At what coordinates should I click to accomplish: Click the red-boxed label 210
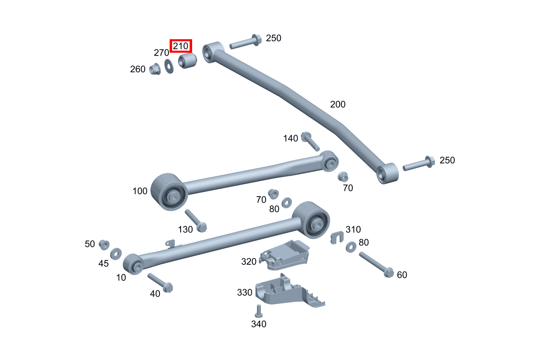[181, 46]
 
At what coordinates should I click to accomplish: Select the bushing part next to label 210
[188, 61]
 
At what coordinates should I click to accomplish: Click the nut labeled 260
[155, 69]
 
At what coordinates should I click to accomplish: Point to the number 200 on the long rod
[338, 104]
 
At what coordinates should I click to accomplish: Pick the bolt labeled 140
[310, 141]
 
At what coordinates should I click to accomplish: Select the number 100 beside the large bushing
[140, 191]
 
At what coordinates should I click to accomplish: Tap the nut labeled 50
[104, 245]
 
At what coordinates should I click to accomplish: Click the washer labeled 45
[116, 253]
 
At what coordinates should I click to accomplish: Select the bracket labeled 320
[286, 254]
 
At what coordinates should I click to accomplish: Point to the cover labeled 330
[286, 291]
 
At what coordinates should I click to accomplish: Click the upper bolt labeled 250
[246, 42]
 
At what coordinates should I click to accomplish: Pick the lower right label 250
[447, 160]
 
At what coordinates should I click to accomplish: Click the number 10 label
[121, 277]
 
